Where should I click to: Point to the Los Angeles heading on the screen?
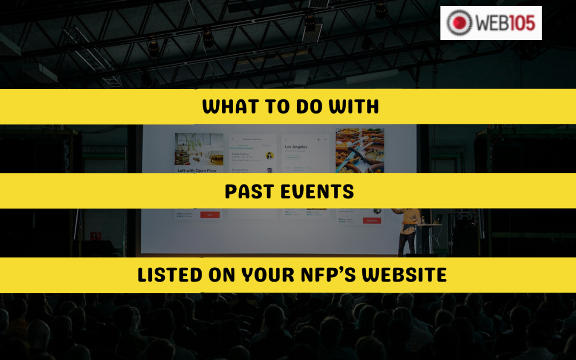pos(300,147)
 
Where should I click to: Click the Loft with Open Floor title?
pos(197,170)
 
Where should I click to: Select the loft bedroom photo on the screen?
pos(199,149)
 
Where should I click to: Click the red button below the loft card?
pos(210,215)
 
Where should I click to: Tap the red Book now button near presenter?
pos(372,220)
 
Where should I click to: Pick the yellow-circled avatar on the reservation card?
pos(269,156)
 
